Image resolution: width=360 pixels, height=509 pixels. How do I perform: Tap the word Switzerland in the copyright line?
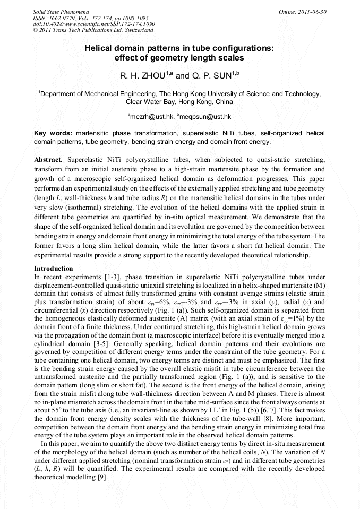pos(136,30)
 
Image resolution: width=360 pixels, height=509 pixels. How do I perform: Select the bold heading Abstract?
pos(48,159)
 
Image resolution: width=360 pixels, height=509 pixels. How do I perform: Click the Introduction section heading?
pos(53,269)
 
